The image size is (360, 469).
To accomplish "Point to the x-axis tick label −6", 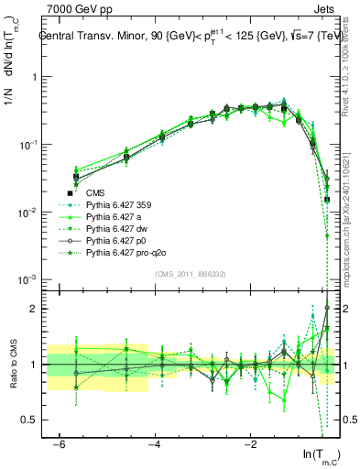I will [60, 444].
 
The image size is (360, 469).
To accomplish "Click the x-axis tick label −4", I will [155, 444].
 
